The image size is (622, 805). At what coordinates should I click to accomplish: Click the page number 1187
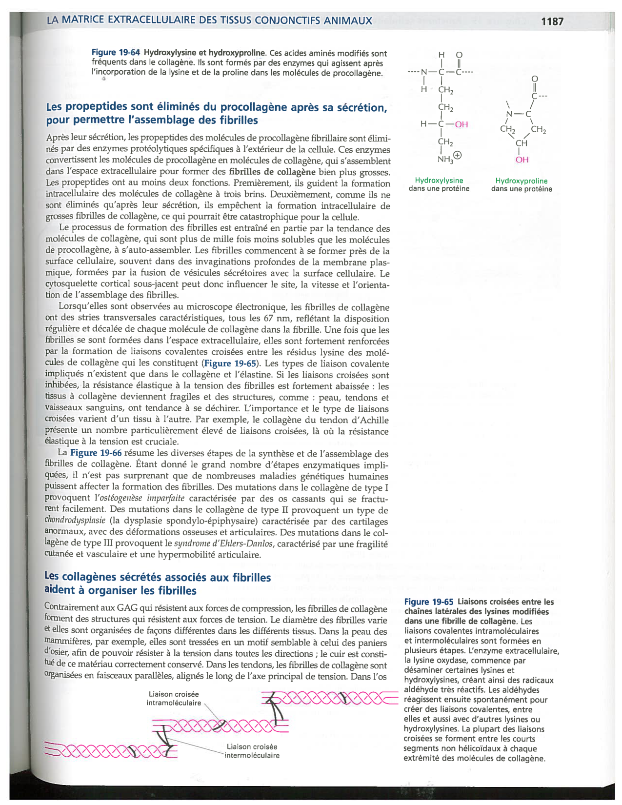tap(552, 21)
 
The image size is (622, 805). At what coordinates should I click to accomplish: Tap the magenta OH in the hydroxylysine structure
tap(461, 124)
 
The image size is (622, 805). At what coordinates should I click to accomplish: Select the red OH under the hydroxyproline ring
tap(522, 160)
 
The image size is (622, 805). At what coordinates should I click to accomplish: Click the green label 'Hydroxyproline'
tap(522, 181)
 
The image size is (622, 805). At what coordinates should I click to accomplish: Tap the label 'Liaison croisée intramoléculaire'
tap(174, 699)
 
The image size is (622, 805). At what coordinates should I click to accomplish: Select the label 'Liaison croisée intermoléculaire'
tap(252, 751)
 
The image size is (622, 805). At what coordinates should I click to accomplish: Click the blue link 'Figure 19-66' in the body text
tap(96, 453)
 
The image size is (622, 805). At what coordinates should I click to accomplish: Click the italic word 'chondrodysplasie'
tap(75, 521)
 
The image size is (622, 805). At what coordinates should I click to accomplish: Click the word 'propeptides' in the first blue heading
tap(93, 107)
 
